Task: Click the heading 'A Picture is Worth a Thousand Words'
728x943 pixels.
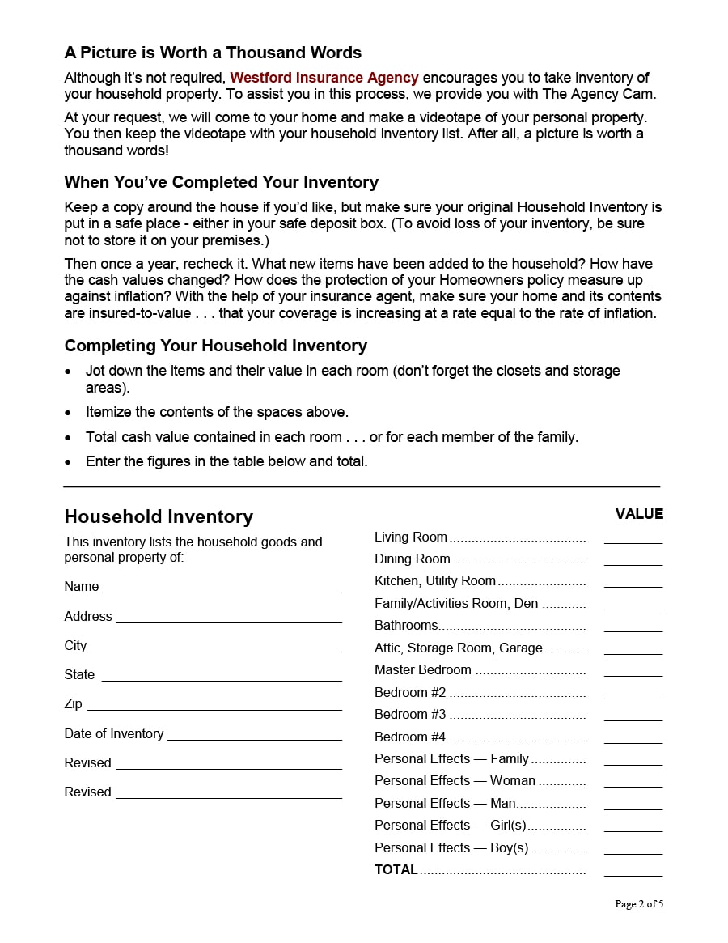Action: point(213,53)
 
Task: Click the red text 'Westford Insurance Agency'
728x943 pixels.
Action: point(324,78)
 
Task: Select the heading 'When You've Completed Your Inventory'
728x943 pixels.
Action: point(221,182)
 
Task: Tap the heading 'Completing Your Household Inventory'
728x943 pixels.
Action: point(215,346)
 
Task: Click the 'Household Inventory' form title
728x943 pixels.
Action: point(159,516)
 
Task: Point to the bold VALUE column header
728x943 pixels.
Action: point(639,514)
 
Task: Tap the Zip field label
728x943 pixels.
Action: point(73,704)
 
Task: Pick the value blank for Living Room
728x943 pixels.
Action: point(633,539)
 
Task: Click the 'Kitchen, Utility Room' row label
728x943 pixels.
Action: point(435,581)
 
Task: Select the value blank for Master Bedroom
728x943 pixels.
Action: point(633,672)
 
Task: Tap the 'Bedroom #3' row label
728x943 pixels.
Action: point(410,715)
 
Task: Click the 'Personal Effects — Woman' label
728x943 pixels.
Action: point(455,781)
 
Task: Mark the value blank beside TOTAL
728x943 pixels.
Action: point(633,872)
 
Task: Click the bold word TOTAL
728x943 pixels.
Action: point(396,870)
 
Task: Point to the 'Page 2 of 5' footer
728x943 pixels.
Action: point(639,904)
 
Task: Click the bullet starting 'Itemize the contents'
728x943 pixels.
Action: point(217,412)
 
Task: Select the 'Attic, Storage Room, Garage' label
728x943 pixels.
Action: point(459,648)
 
